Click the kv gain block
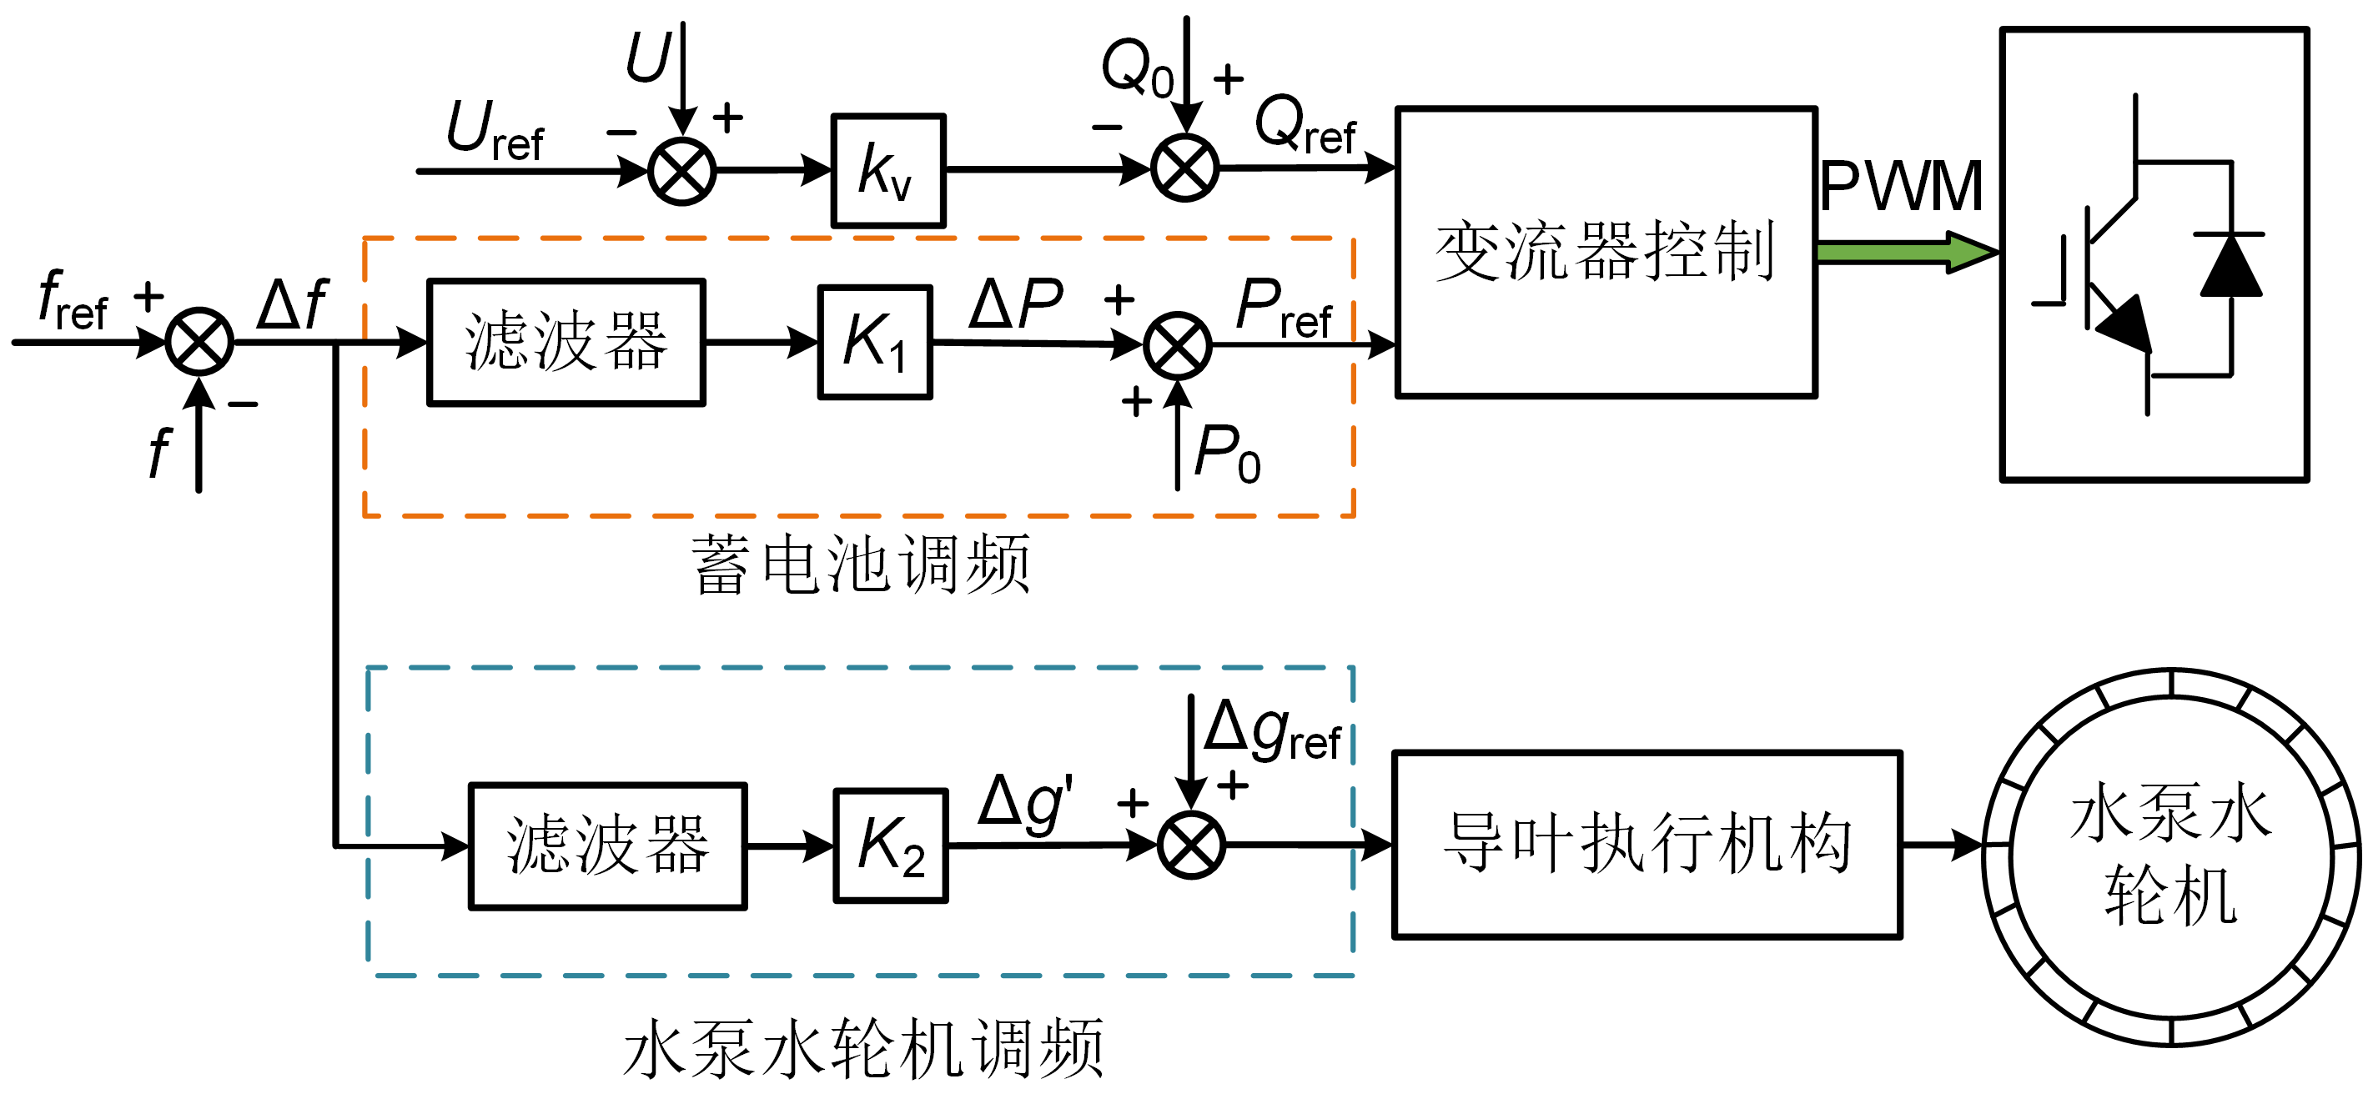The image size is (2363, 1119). pos(887,171)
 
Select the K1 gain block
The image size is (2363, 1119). pos(875,342)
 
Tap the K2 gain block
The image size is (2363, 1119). pos(890,846)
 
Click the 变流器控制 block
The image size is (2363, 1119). pos(1606,252)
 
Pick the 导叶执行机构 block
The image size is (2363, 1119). pos(1647,845)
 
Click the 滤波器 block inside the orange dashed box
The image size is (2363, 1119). pos(566,342)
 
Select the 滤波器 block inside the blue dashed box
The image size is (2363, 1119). pos(607,846)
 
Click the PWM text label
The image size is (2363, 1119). pos(1901,187)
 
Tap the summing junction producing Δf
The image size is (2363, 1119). pos(199,341)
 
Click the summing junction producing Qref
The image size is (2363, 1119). pos(1184,168)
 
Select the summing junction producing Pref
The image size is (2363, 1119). pos(1177,346)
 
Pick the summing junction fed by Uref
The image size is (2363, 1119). pos(681,172)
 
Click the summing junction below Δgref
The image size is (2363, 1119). pos(1190,845)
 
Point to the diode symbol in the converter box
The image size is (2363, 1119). pos(2231,266)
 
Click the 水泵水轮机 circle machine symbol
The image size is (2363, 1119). pos(2170,856)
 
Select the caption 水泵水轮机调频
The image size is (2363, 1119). pos(863,1048)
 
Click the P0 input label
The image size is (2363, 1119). pos(1227,454)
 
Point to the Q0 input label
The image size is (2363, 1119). pos(1138,68)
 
